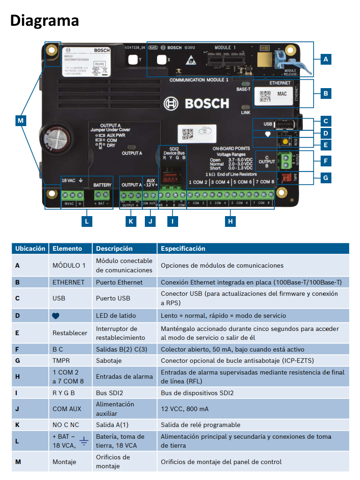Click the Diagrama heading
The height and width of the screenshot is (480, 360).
tap(45, 20)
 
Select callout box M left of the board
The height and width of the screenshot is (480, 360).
tap(20, 121)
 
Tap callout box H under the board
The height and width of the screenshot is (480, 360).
tap(230, 221)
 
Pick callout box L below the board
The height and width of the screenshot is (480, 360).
tap(86, 221)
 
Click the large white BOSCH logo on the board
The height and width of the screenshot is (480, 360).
tap(196, 103)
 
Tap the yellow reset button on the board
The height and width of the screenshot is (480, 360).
tap(285, 141)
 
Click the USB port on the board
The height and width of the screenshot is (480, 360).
tap(285, 124)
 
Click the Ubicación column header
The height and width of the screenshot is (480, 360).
tap(30, 248)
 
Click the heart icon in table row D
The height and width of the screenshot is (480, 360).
tap(56, 316)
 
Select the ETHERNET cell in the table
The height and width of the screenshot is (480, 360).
tap(68, 282)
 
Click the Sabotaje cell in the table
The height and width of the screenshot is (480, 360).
tap(109, 360)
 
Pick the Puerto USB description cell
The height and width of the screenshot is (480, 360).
tap(112, 298)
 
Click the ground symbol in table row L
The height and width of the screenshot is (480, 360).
tap(84, 441)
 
